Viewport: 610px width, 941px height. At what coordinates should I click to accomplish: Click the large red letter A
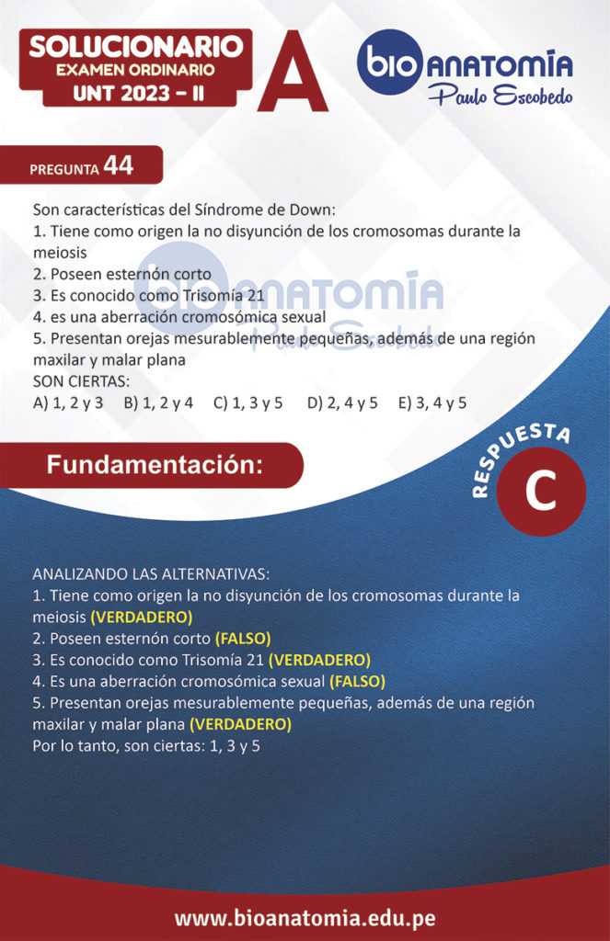click(293, 74)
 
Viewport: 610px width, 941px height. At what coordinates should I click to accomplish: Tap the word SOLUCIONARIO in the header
click(135, 46)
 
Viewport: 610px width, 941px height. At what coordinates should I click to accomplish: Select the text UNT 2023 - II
click(134, 92)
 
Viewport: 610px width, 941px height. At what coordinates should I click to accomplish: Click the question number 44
click(119, 165)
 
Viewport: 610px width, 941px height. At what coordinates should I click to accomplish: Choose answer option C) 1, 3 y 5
click(247, 402)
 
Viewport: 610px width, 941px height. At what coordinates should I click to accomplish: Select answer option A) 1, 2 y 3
click(68, 402)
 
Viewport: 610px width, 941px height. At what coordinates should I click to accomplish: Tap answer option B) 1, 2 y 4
click(158, 402)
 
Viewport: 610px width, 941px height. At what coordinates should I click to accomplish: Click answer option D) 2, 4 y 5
click(342, 402)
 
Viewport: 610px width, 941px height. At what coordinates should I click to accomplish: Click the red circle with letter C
click(540, 491)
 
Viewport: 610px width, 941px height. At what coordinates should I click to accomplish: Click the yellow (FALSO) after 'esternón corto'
click(243, 638)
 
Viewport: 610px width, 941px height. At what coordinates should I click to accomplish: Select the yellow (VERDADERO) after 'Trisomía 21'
click(319, 660)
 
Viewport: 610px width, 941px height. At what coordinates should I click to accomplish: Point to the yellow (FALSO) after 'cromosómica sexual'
click(357, 681)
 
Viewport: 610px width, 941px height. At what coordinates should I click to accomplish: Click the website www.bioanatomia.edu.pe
click(305, 918)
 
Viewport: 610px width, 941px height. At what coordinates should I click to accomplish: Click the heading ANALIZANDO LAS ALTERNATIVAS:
click(151, 573)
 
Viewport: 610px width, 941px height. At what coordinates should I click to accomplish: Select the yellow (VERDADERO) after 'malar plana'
click(240, 724)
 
